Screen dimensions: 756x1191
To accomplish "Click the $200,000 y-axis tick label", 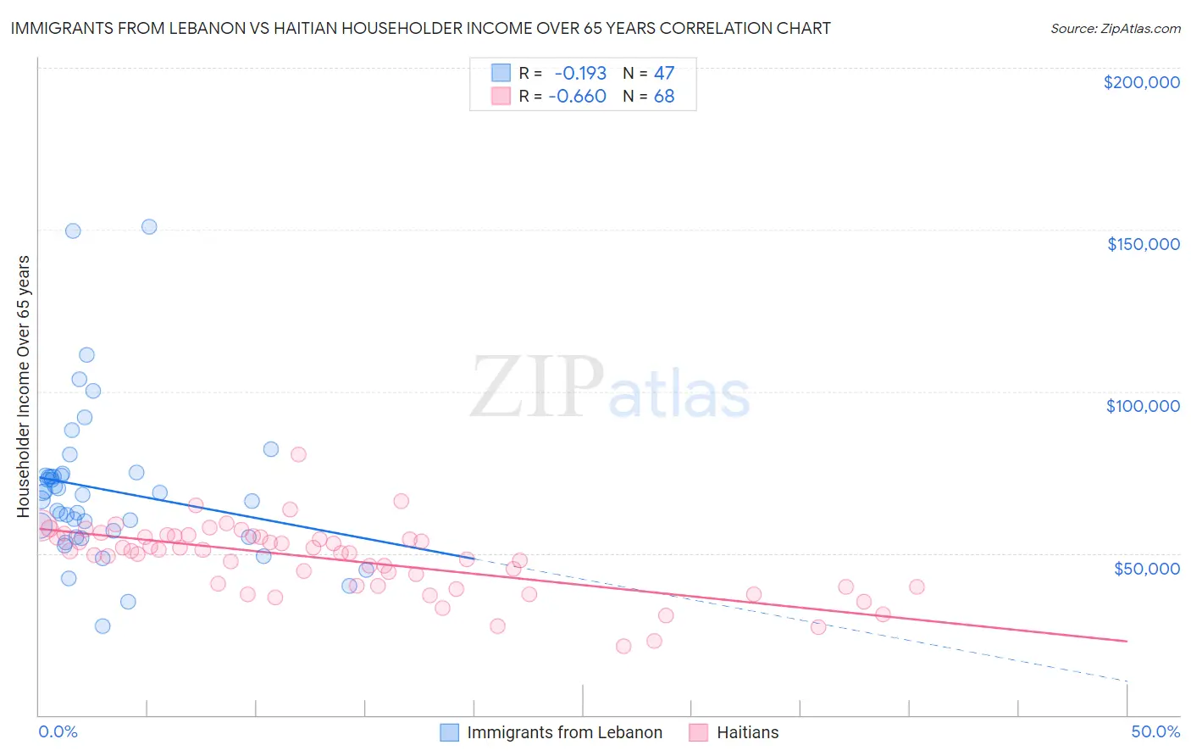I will point(1141,82).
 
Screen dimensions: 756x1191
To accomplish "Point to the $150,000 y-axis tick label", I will point(1143,244).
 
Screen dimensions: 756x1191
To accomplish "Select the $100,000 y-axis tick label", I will point(1143,406).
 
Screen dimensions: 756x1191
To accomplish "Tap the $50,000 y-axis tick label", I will point(1146,569).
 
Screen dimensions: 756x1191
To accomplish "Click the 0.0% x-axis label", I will point(58,731).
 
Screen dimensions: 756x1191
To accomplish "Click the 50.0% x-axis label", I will point(1155,731).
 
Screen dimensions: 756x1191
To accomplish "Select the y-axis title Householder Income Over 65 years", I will point(23,386).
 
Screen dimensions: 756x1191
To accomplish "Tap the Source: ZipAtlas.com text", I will point(1115,28).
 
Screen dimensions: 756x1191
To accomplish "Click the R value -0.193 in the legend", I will point(580,74).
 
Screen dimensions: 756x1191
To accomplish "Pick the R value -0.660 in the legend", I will point(577,97).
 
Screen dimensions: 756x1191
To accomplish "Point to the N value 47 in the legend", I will point(664,74).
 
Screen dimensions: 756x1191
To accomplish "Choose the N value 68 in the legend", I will point(664,97).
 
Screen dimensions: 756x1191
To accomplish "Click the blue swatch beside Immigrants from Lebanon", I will point(449,732).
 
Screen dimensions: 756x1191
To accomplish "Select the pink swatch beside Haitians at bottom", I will point(698,732).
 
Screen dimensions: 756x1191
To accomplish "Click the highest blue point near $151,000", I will point(149,226).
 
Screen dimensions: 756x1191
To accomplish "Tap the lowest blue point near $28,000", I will point(102,625).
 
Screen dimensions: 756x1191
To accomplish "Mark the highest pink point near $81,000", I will point(298,454).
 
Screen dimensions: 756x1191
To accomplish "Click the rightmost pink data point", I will point(917,586).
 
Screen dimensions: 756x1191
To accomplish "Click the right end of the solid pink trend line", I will point(1127,641).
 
